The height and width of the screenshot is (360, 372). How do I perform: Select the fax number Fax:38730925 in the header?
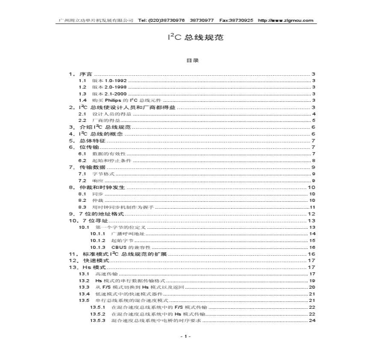click(x=236, y=20)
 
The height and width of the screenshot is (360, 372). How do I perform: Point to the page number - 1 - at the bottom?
click(x=186, y=336)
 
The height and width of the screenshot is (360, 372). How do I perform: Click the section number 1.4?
click(x=83, y=100)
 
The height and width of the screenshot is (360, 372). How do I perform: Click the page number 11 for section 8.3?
click(x=313, y=207)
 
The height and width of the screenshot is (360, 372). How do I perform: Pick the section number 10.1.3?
click(x=97, y=247)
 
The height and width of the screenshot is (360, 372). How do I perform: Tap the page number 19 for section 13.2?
click(x=312, y=280)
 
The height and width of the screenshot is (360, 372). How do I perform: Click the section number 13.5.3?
click(x=97, y=320)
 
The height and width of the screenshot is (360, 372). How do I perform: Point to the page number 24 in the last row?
click(x=312, y=320)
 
